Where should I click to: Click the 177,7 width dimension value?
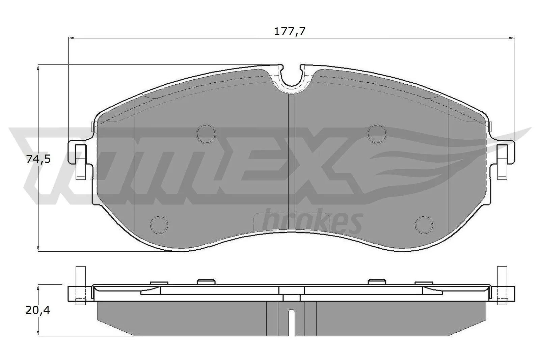[289, 32]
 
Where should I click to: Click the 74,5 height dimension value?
[38, 159]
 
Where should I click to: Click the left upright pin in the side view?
[80, 285]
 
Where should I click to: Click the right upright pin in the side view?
[503, 285]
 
